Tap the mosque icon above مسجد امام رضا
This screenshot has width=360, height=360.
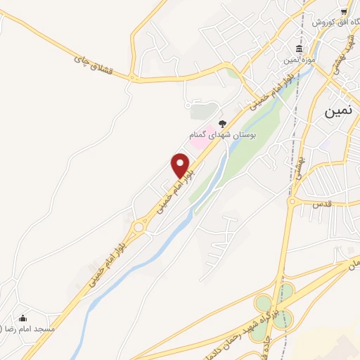tap(23, 318)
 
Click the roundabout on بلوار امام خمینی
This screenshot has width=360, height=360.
tap(139, 226)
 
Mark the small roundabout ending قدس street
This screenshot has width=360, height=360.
tap(291, 202)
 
